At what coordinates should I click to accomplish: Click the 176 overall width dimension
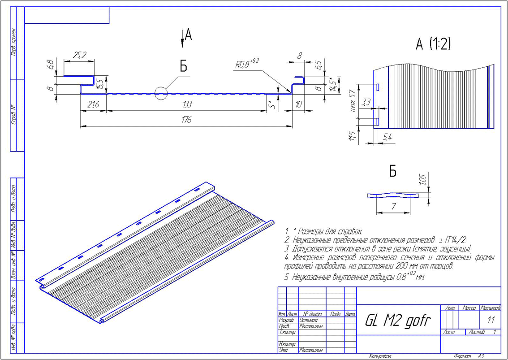tap(186, 120)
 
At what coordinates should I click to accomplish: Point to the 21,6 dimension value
tap(93, 105)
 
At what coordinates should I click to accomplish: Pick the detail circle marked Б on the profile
tap(160, 93)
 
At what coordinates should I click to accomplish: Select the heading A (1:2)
tap(433, 43)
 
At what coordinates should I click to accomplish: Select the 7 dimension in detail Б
tap(393, 206)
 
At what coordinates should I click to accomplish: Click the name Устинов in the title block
tap(308, 320)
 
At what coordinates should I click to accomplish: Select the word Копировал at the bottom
tap(381, 356)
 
